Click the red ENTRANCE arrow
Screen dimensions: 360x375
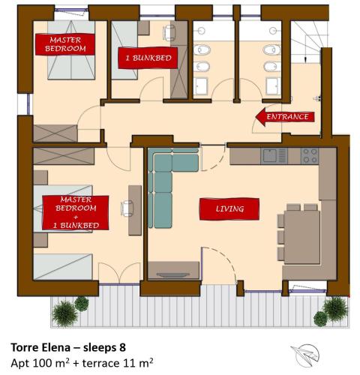[x=285, y=117]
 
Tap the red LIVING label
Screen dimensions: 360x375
[x=229, y=209]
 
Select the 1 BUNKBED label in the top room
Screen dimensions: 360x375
[x=148, y=58]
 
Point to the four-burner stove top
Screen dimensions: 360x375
[x=310, y=156]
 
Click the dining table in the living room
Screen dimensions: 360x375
[x=302, y=237]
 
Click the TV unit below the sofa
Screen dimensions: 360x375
[x=174, y=270]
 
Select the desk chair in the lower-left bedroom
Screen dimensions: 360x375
[x=127, y=208]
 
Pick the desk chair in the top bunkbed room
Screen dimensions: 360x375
[x=169, y=32]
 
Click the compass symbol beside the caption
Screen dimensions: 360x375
[x=306, y=355]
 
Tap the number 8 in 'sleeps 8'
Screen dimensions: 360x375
[x=122, y=347]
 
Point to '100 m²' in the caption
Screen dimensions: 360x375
[x=51, y=362]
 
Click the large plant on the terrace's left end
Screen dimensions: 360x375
[x=64, y=313]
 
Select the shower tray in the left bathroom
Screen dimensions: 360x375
[x=200, y=86]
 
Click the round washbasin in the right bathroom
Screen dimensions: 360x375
[x=273, y=31]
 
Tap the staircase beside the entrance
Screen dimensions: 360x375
[x=305, y=42]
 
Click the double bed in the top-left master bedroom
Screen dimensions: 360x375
[x=71, y=50]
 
